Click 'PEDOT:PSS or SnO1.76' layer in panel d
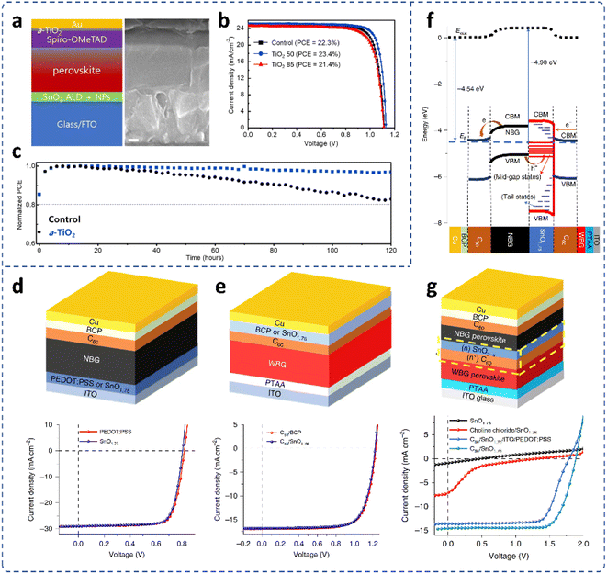(x=87, y=379)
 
